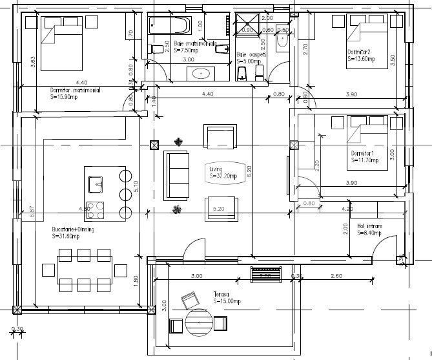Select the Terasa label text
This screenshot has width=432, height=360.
tap(221, 297)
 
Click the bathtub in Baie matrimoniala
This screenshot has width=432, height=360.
tap(170, 26)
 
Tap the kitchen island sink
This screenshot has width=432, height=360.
tap(99, 184)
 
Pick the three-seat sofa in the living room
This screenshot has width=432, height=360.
tap(176, 175)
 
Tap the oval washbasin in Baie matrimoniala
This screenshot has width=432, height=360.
tap(202, 73)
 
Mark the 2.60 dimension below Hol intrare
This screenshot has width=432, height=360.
tap(336, 276)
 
